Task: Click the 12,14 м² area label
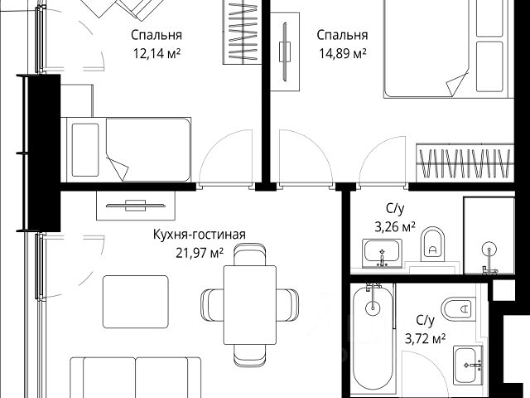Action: [157, 54]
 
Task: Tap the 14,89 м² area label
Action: [343, 54]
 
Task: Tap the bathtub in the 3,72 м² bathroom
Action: [373, 340]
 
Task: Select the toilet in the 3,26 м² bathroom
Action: [433, 245]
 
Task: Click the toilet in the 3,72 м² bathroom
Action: [458, 309]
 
